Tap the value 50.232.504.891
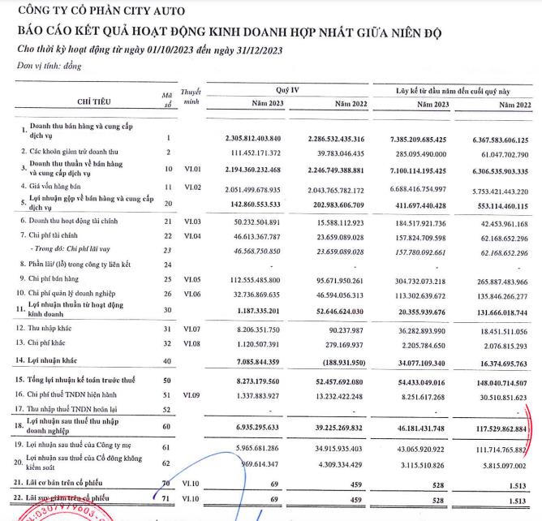(257, 221)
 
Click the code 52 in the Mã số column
(168, 409)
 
